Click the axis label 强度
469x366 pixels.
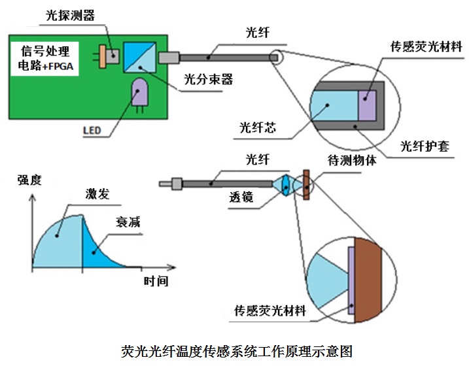(x=29, y=180)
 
